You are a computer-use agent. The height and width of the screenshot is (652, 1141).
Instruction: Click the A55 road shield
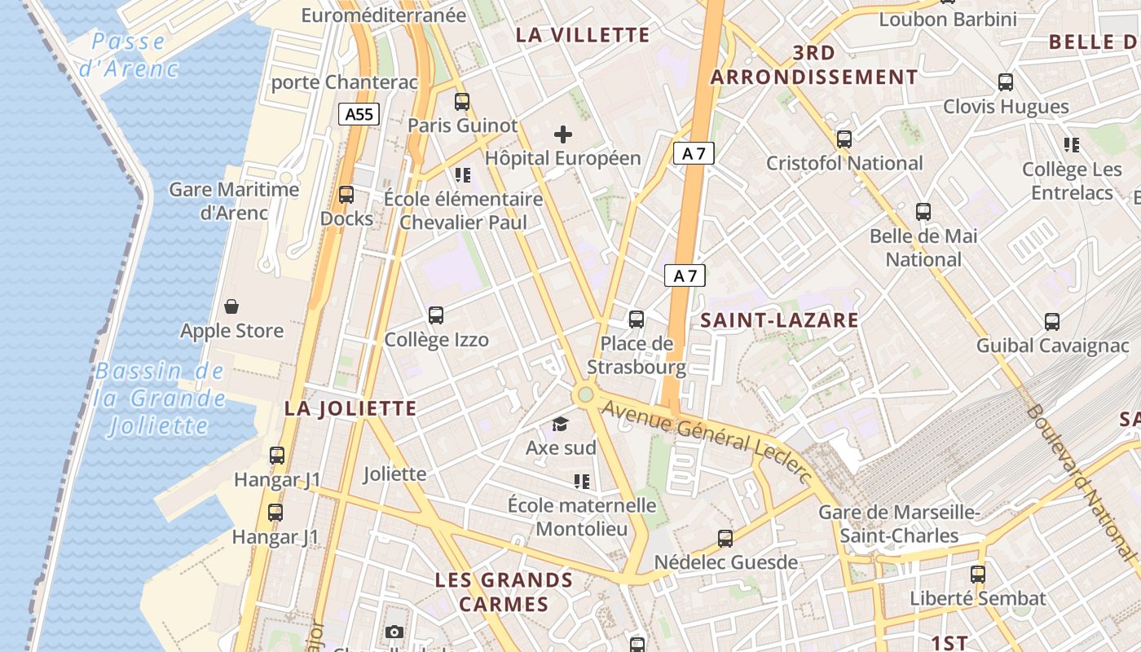pyautogui.click(x=359, y=114)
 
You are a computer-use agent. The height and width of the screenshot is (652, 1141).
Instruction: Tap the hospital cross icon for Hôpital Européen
pyautogui.click(x=563, y=134)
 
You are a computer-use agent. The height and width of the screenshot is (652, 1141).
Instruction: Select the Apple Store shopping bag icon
pyautogui.click(x=231, y=306)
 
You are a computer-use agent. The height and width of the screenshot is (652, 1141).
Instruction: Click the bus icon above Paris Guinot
pyautogui.click(x=462, y=102)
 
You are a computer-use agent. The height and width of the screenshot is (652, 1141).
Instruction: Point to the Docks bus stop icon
pyautogui.click(x=346, y=195)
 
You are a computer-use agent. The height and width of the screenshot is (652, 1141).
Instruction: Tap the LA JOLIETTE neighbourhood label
pyautogui.click(x=350, y=409)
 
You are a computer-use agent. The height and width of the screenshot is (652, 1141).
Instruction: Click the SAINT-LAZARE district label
pyautogui.click(x=780, y=320)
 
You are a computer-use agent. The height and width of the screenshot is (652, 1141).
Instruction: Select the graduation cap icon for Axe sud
pyautogui.click(x=560, y=424)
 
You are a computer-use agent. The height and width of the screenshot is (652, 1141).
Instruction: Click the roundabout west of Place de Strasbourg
pyautogui.click(x=584, y=395)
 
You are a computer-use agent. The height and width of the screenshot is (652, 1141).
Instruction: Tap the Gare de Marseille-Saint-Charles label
pyautogui.click(x=899, y=524)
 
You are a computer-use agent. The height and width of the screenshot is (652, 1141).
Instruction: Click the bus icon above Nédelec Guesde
pyautogui.click(x=725, y=539)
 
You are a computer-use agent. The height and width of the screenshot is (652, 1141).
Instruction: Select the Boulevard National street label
pyautogui.click(x=1081, y=481)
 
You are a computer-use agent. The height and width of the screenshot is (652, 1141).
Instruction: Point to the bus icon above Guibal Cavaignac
pyautogui.click(x=1052, y=322)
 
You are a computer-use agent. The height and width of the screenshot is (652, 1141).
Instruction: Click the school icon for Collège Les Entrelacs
pyautogui.click(x=1072, y=145)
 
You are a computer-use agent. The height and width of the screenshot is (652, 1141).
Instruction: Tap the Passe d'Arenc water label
pyautogui.click(x=129, y=55)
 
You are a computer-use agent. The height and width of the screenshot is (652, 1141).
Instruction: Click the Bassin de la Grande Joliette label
pyautogui.click(x=159, y=399)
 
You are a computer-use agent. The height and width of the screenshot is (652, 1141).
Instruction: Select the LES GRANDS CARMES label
pyautogui.click(x=504, y=593)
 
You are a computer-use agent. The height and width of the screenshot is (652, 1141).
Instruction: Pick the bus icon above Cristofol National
pyautogui.click(x=844, y=139)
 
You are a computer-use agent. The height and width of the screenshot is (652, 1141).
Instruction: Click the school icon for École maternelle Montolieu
pyautogui.click(x=582, y=482)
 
